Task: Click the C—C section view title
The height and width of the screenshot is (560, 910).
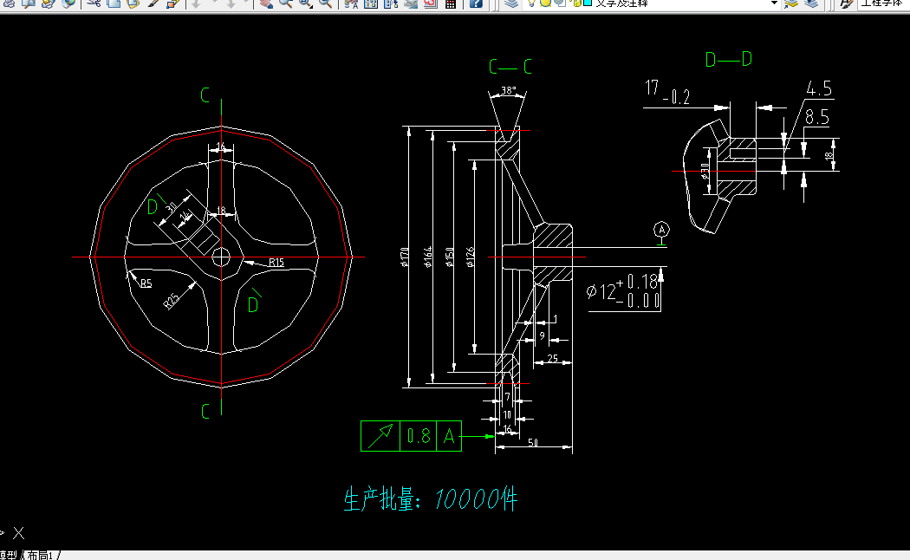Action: coord(510,67)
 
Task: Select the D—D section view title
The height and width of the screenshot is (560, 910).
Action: coord(728,59)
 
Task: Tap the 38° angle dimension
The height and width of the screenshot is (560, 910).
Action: coord(508,91)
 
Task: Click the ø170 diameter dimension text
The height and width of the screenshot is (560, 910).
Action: coord(406,257)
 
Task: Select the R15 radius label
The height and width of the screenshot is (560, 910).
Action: coord(276,262)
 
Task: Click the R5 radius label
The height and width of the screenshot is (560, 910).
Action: coord(146,283)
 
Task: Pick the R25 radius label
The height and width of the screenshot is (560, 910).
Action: coord(172,300)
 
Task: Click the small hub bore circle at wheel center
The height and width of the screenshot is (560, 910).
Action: coord(221,257)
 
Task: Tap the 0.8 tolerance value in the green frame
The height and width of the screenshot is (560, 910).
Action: coord(419,436)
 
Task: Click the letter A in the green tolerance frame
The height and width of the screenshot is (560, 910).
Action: coord(449,436)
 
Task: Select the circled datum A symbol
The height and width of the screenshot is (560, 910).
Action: coord(662,230)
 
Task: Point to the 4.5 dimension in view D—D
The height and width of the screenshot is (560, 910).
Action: coord(818,88)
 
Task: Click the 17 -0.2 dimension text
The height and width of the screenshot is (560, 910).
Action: coord(667,92)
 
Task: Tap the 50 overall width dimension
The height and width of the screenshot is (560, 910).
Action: coord(533,443)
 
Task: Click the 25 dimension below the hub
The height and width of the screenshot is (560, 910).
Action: coord(552,358)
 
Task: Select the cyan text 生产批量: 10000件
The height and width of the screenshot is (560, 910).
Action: coord(431,499)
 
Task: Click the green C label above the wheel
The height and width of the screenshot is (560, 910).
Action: coord(205,95)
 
